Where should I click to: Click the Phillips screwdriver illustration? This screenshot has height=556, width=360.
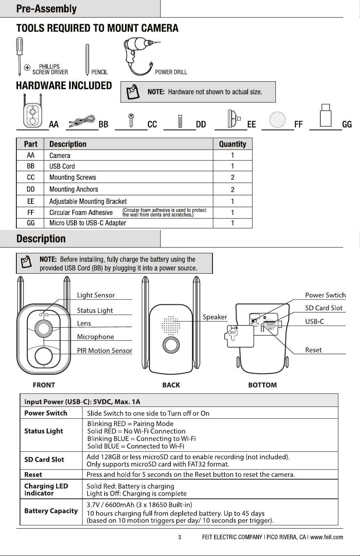19,56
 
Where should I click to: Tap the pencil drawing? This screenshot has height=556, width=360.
87,60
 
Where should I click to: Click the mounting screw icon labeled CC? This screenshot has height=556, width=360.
131,121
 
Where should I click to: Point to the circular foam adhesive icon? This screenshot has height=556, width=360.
277,119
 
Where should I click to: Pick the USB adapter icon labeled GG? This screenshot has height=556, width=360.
326,116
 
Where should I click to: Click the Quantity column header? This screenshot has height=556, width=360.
233,144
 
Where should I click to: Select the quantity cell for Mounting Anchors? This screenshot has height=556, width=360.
233,190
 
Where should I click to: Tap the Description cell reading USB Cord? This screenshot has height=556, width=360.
62,166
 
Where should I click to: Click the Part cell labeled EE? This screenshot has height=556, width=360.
31,201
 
